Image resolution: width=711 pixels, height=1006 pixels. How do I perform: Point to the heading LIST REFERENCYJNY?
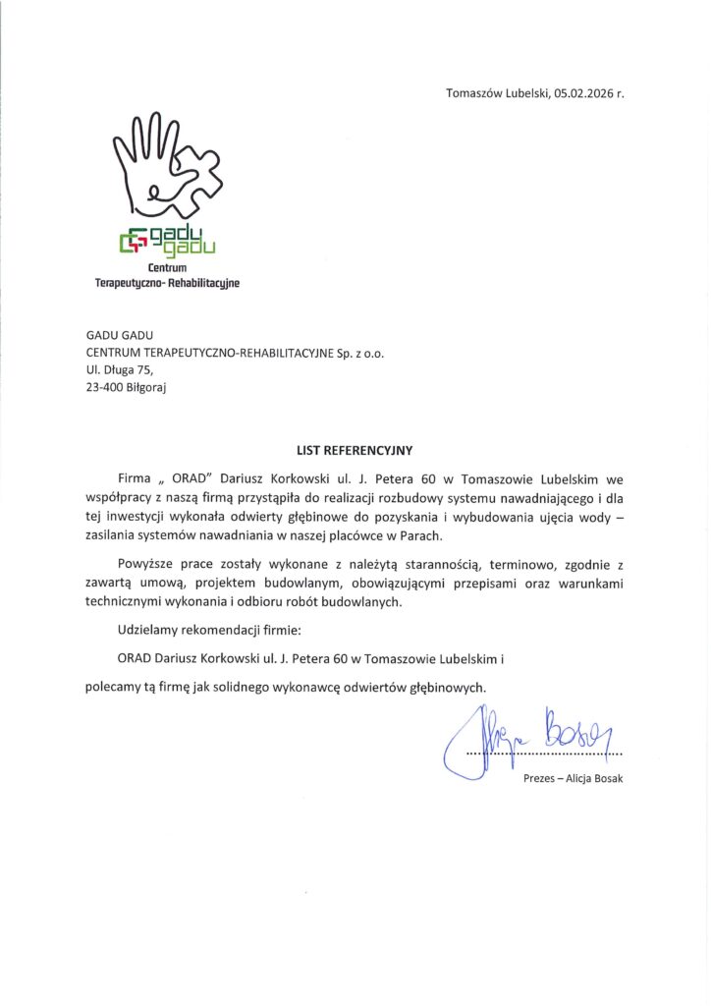[355, 450]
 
